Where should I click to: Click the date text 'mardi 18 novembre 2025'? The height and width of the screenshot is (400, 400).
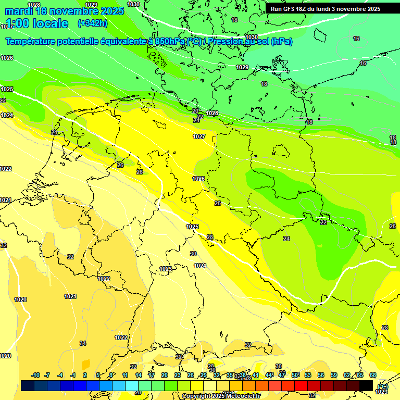[x=65, y=11]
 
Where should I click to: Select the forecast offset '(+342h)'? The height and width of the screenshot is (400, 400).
[x=92, y=23]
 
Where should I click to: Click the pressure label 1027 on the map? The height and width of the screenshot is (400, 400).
[x=199, y=136]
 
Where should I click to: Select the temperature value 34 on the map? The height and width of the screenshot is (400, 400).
[x=83, y=343]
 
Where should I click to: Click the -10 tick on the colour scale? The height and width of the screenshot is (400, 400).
[x=35, y=375]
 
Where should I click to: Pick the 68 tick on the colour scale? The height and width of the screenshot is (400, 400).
[x=373, y=375]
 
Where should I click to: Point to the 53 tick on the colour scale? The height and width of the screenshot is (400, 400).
[x=308, y=375]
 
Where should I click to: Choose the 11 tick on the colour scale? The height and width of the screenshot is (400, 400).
[x=126, y=375]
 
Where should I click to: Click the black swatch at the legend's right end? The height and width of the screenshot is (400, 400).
[x=366, y=385]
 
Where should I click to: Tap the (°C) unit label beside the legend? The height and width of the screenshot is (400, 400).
[x=383, y=386]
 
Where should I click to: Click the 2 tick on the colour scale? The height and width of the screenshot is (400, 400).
[x=85, y=375]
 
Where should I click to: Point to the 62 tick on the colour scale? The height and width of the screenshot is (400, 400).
[x=347, y=375]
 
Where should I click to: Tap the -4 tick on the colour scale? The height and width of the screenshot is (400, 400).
[x=60, y=375]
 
